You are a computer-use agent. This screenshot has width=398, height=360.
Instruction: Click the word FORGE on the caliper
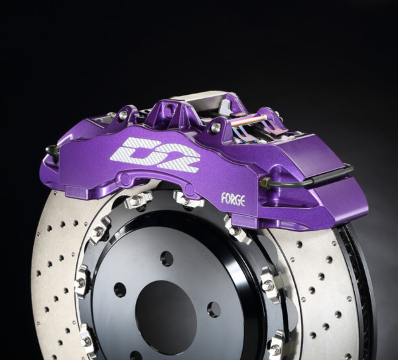pyautogui.click(x=233, y=198)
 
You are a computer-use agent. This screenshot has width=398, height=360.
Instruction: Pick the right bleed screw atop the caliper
pyautogui.click(x=216, y=127)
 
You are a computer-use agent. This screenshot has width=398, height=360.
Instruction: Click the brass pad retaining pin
pyautogui.click(x=249, y=121)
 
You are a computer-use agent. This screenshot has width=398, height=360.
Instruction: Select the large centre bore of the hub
pyautogui.click(x=166, y=308)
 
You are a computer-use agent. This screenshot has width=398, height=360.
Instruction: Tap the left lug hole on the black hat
pyautogui.click(x=119, y=290)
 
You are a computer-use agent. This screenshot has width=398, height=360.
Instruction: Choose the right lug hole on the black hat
pyautogui.click(x=214, y=309)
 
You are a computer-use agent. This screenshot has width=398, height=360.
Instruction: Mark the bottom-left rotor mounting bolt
pyautogui.click(x=86, y=338)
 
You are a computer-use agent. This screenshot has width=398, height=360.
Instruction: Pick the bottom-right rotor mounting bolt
pyautogui.click(x=275, y=345)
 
